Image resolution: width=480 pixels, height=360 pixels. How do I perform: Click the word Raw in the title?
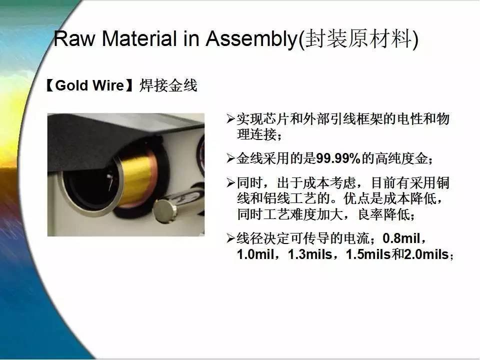(x=74, y=38)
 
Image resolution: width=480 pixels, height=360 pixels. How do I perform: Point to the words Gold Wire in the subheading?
(x=89, y=85)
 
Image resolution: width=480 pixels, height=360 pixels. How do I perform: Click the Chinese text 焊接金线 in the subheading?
(x=168, y=85)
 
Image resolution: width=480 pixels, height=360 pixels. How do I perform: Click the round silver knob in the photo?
(x=164, y=210)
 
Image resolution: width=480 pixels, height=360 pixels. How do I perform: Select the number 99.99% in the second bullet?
(x=338, y=158)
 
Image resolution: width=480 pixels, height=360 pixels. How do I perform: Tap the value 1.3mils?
(x=310, y=254)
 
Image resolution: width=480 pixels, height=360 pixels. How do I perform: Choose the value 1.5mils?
(x=368, y=254)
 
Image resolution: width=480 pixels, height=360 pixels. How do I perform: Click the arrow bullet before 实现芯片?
(x=230, y=119)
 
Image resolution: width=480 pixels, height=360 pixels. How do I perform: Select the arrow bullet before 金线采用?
(x=230, y=158)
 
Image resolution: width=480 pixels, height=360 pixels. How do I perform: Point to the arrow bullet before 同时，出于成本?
(x=230, y=183)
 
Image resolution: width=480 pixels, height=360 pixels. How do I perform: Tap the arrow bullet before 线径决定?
(x=230, y=238)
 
